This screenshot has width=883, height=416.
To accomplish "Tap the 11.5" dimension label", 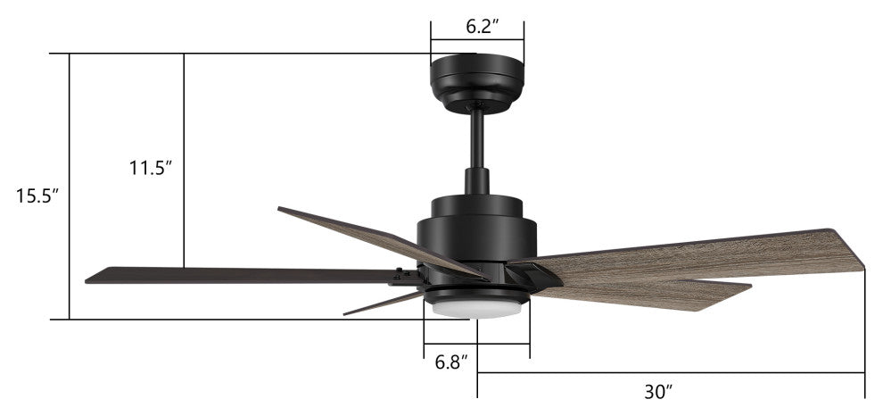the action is click(x=151, y=168).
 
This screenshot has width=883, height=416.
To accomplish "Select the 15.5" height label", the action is click(x=37, y=196).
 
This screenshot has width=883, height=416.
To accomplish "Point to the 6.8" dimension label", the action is click(x=451, y=362).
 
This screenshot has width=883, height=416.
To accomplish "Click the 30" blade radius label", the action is click(x=659, y=392).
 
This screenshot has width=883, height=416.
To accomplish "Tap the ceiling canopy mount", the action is click(x=477, y=82).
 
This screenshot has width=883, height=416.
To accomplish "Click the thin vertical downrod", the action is click(x=477, y=139).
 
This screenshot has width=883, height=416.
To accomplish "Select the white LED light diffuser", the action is click(x=477, y=309).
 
